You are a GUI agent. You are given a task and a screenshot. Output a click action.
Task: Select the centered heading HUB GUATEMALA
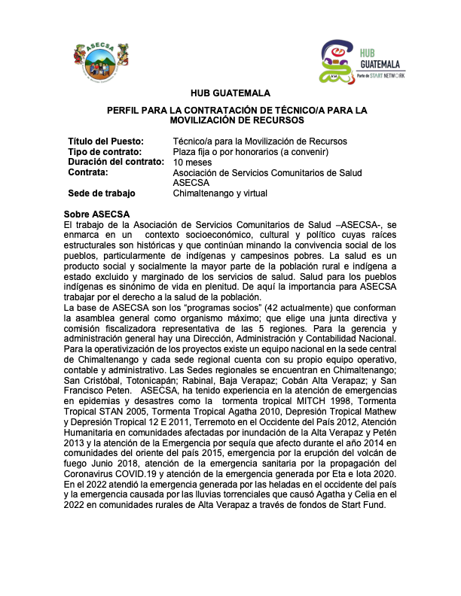[230, 94]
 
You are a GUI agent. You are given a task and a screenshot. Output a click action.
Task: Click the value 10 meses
[193, 162]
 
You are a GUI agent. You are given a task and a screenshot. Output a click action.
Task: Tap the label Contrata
[88, 172]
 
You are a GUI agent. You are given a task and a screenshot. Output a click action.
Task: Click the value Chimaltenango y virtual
[220, 193]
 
